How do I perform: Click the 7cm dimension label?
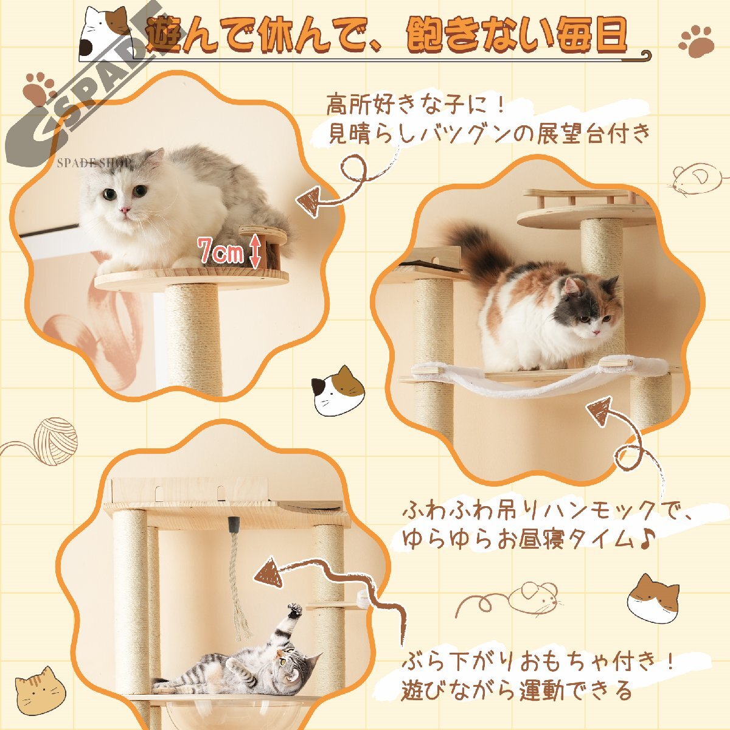pyautogui.click(x=221, y=251)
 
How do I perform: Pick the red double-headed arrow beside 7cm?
pyautogui.click(x=255, y=251)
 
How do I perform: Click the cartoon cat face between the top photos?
pyautogui.click(x=338, y=390)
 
